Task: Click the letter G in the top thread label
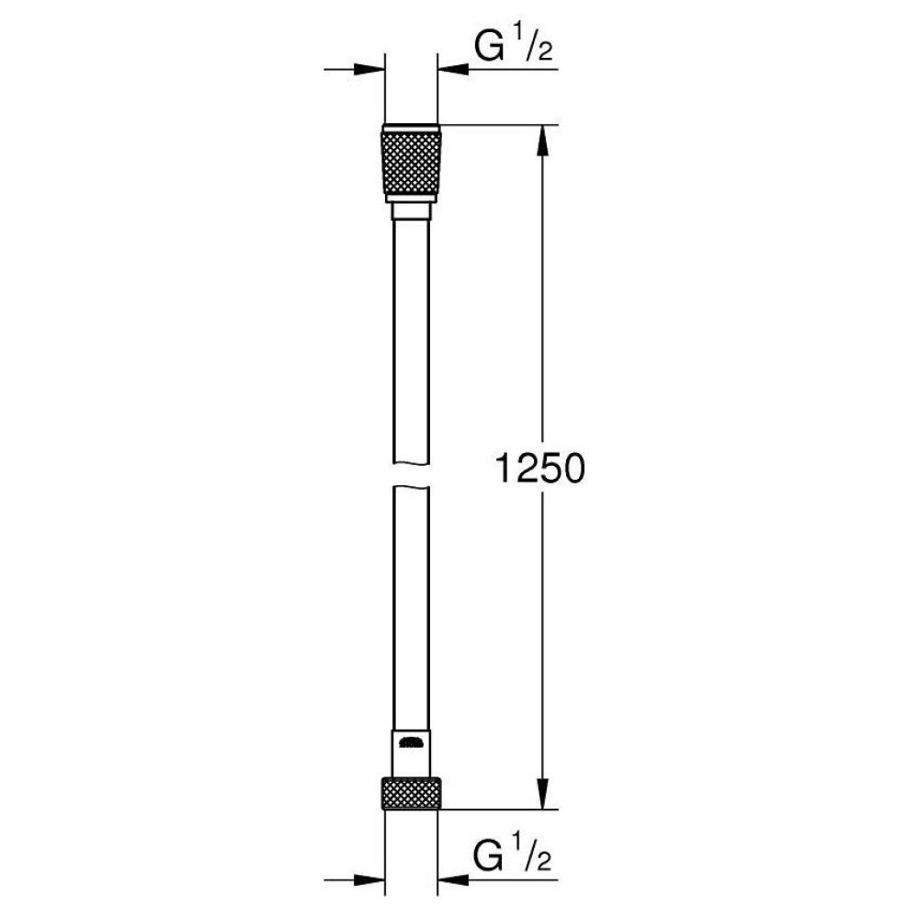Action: point(491,47)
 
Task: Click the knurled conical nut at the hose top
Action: point(411,162)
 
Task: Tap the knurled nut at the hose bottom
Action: point(411,793)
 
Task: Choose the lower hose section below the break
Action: point(411,607)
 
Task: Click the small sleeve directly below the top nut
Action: point(411,211)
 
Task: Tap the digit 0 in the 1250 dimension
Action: point(573,470)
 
